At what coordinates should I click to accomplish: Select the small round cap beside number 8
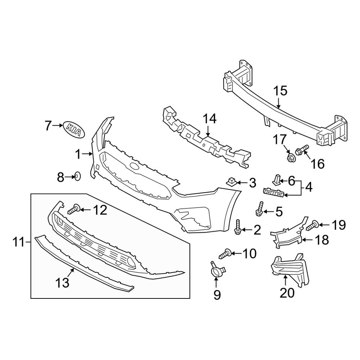pyautogui.click(x=77, y=176)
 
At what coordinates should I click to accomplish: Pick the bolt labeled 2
pyautogui.click(x=238, y=227)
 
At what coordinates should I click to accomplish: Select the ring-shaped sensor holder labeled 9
pyautogui.click(x=217, y=271)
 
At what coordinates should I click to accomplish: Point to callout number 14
pyautogui.click(x=209, y=118)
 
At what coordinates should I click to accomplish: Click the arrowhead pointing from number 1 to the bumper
pyautogui.click(x=91, y=154)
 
